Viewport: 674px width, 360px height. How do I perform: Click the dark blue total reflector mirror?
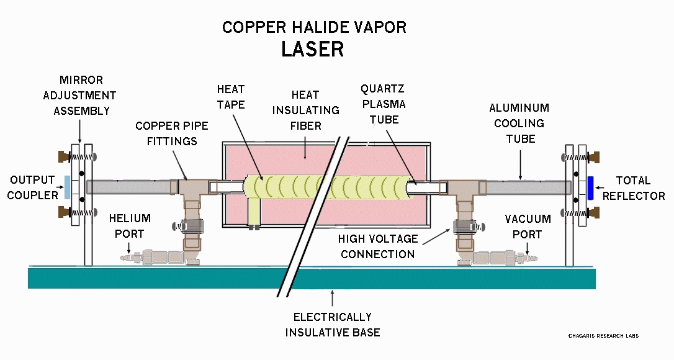(590, 188)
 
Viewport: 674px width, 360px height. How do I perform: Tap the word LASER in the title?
(312, 49)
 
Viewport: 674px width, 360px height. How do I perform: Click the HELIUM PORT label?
(130, 226)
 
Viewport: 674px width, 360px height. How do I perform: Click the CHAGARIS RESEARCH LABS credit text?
(603, 336)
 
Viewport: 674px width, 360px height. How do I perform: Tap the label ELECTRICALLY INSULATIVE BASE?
(333, 325)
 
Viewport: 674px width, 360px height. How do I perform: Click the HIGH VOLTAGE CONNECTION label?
(377, 246)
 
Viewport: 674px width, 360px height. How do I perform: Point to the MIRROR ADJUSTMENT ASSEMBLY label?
(84, 96)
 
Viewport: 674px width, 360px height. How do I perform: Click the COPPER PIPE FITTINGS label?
(172, 133)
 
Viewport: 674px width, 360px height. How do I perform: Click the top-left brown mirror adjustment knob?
(61, 154)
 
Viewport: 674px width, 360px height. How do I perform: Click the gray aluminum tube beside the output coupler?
(127, 186)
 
